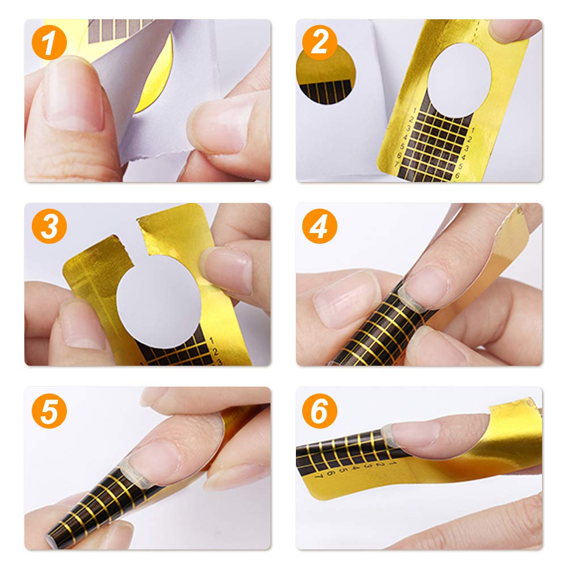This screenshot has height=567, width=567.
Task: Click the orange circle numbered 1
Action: tap(49, 44)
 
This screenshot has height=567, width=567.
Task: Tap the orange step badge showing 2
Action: tap(320, 44)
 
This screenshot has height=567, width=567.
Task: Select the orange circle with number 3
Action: tap(49, 227)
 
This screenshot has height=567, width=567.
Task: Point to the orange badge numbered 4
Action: tap(320, 227)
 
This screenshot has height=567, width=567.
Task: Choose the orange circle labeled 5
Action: tap(49, 411)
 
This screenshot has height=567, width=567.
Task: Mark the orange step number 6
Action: tap(320, 411)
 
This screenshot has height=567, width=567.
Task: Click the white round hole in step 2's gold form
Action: tap(458, 79)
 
